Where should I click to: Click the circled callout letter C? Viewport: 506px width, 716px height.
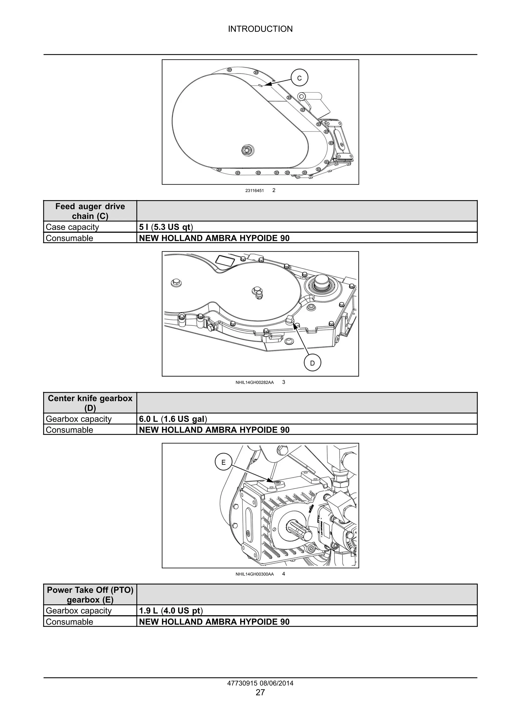299,78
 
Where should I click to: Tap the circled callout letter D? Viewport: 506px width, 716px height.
312,363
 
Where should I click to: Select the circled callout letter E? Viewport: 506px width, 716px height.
223,462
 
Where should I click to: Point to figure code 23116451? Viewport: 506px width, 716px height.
254,191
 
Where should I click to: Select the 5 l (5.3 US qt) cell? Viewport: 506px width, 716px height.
166,227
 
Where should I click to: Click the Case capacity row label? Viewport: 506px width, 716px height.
72,227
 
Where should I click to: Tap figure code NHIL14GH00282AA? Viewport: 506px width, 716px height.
254,382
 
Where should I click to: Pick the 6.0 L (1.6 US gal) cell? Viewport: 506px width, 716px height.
173,419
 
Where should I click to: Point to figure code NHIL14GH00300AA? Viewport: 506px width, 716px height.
254,574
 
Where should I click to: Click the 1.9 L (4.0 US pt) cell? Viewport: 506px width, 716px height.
171,611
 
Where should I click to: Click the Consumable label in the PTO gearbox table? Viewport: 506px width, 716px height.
69,622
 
